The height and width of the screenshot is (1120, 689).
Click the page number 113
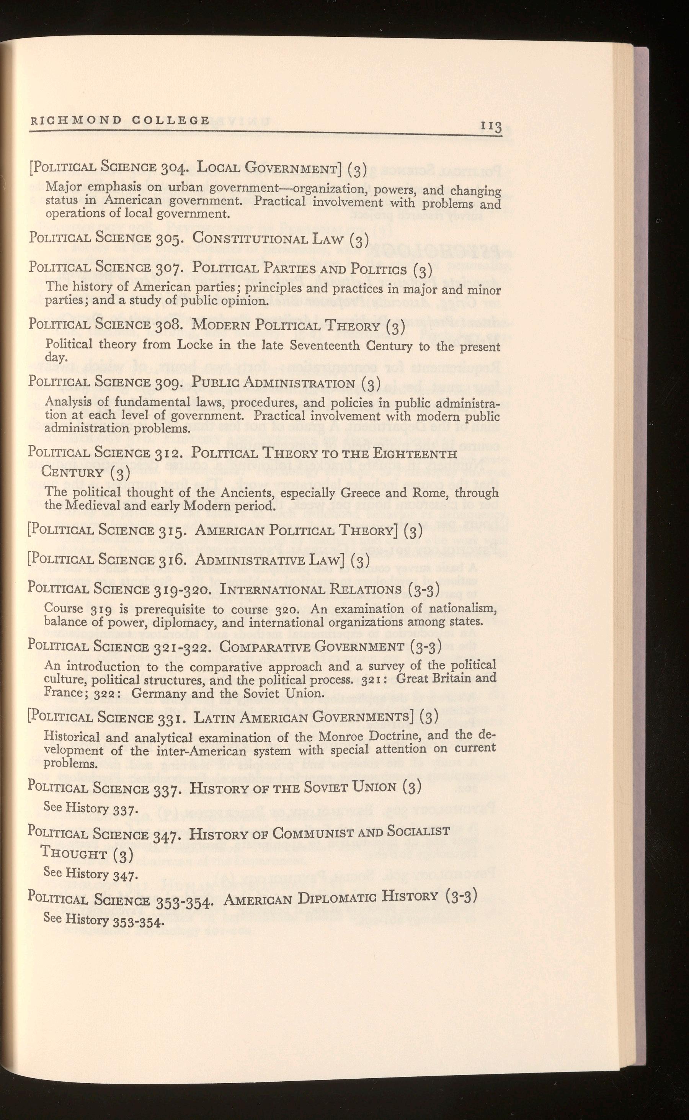click(490, 127)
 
